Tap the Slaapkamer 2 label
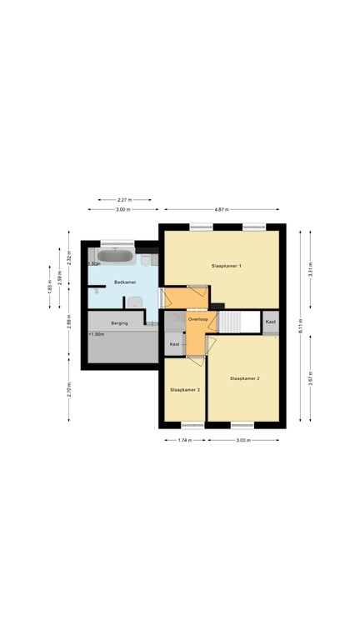(245, 379)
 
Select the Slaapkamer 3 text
(184, 389)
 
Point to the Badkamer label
(125, 283)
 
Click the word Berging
(118, 322)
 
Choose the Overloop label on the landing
(197, 319)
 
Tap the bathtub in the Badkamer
(116, 255)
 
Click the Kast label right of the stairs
(271, 321)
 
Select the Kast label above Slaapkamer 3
(174, 344)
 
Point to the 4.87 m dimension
(221, 210)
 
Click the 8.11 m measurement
(302, 327)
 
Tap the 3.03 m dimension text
(242, 440)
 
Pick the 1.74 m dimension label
(184, 440)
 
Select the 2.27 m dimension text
(122, 200)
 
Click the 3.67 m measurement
(310, 379)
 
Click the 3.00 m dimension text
(122, 210)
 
